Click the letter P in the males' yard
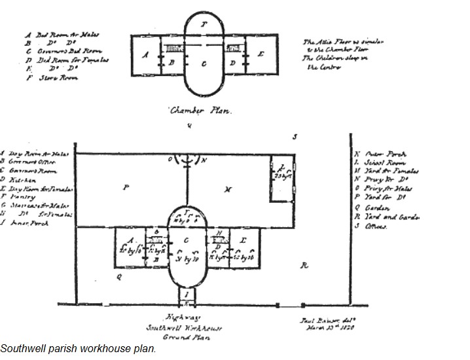(124, 187)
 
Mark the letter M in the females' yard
(227, 189)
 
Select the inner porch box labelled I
(187, 297)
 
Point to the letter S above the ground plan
(295, 137)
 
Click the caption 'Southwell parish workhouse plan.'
(79, 348)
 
